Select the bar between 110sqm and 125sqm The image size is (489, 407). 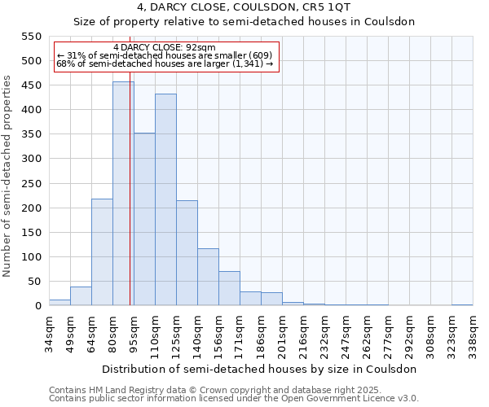pyautogui.click(x=165, y=199)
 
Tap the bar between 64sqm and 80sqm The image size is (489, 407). pyautogui.click(x=102, y=252)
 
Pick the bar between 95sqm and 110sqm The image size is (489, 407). pyautogui.click(x=144, y=219)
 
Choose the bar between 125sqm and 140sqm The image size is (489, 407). pyautogui.click(x=187, y=253)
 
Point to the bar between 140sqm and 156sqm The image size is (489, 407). pyautogui.click(x=208, y=277)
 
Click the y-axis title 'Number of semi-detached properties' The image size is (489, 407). pyautogui.click(x=8, y=176)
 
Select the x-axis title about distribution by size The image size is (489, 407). pyautogui.click(x=260, y=369)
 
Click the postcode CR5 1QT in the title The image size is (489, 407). pyautogui.click(x=324, y=7)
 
